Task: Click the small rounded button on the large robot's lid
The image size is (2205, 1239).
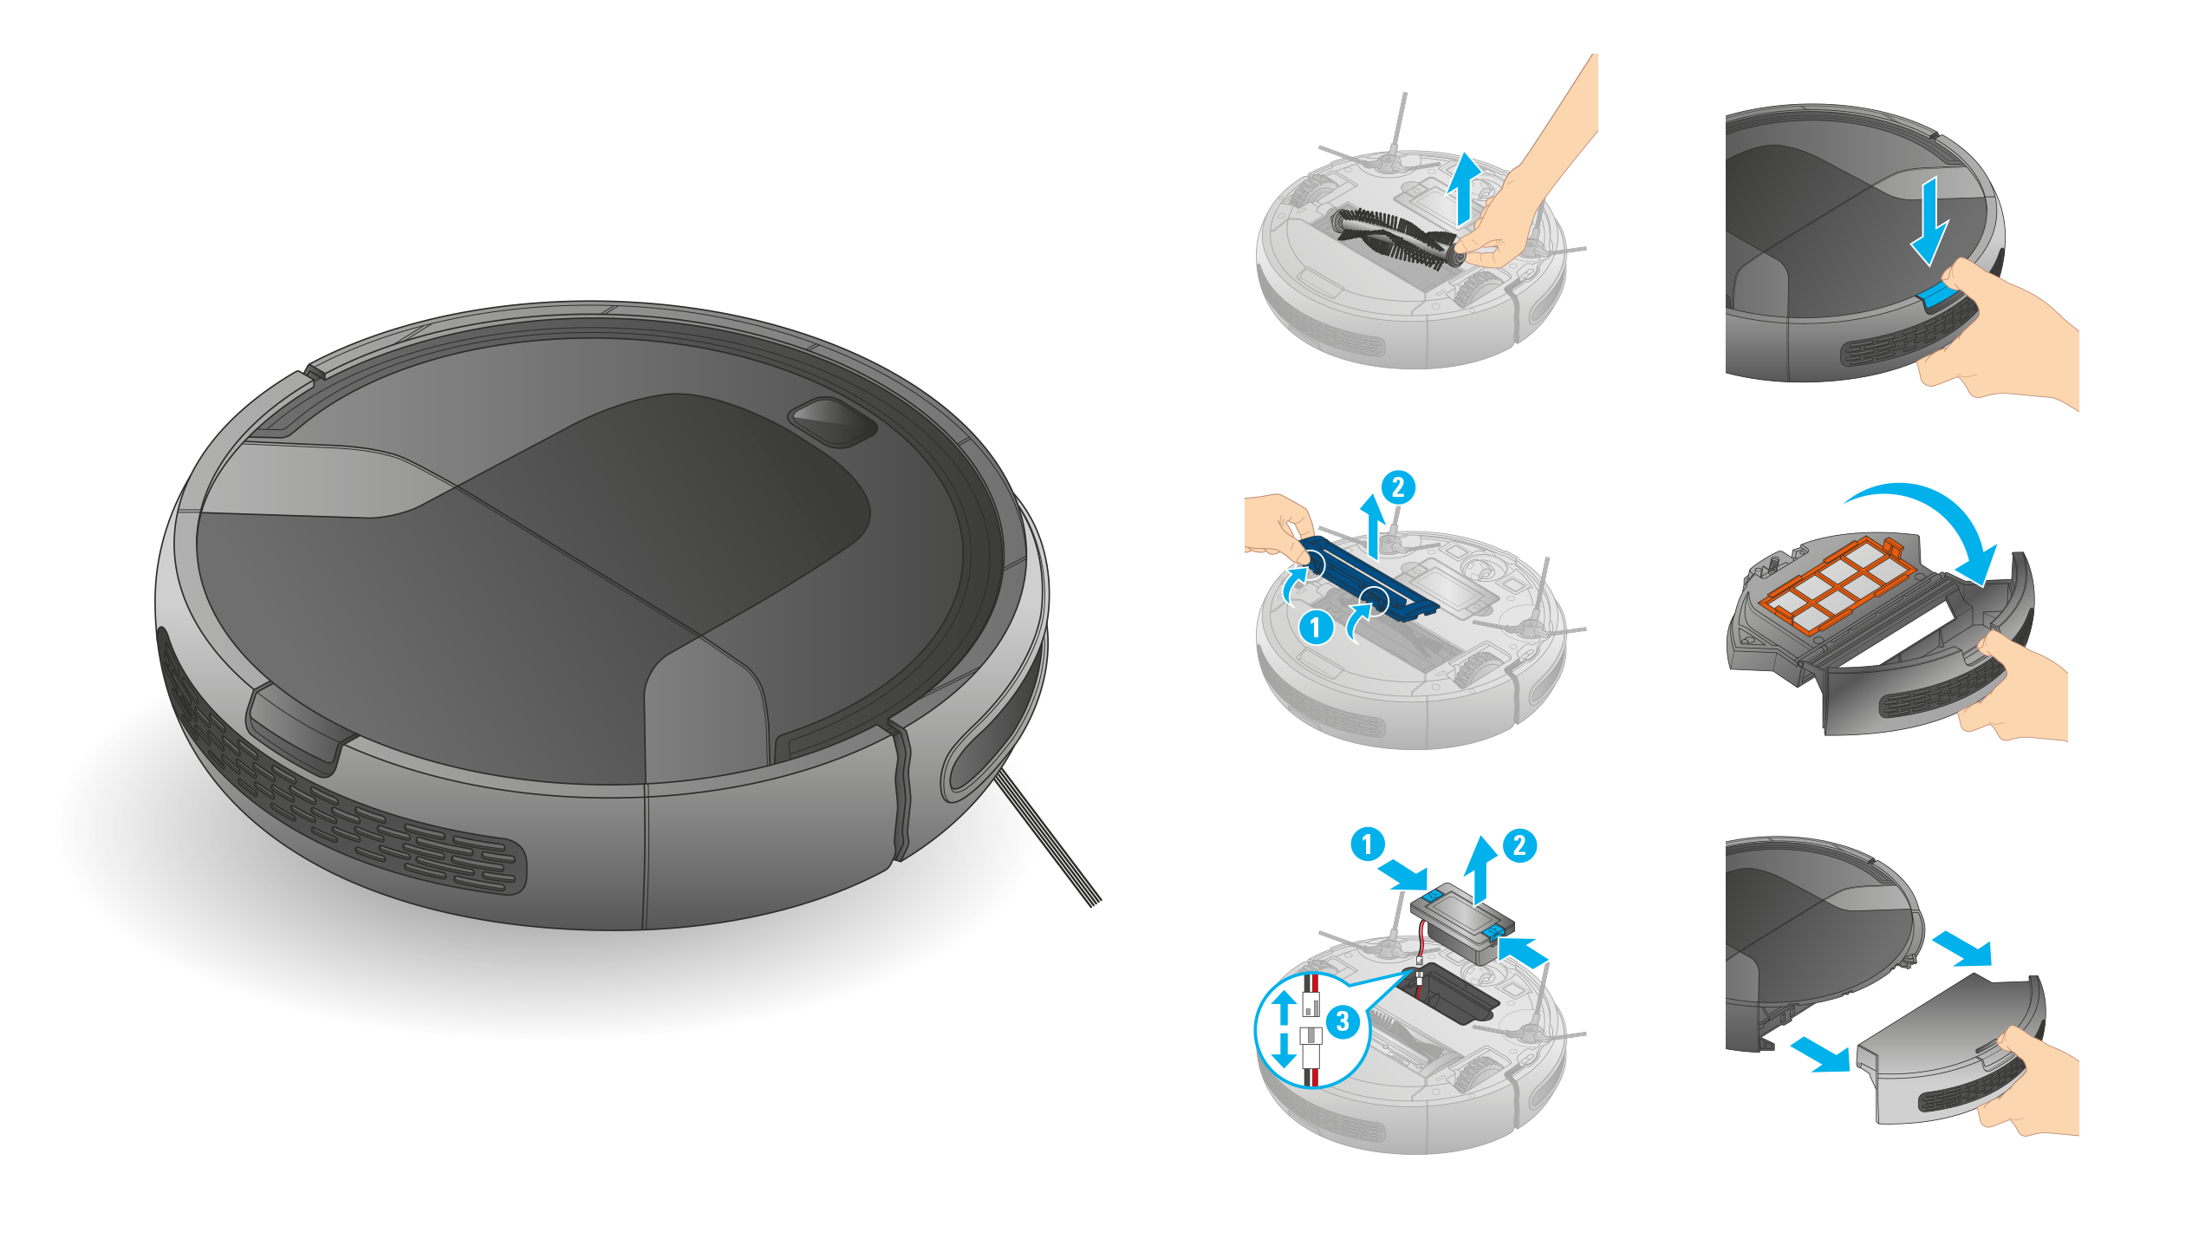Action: pyautogui.click(x=833, y=421)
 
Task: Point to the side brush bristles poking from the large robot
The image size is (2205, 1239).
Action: pyautogui.click(x=1047, y=838)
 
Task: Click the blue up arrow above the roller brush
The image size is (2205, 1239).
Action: pyautogui.click(x=1464, y=188)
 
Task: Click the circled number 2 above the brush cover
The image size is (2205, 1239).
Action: pyautogui.click(x=1397, y=487)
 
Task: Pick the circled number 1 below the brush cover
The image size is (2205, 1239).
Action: pyautogui.click(x=1315, y=626)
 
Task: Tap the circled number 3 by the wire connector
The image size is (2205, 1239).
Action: pyautogui.click(x=1343, y=1021)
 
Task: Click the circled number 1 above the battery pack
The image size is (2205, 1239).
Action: pyautogui.click(x=1368, y=844)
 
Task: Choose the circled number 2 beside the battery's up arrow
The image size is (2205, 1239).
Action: pyautogui.click(x=1519, y=845)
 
